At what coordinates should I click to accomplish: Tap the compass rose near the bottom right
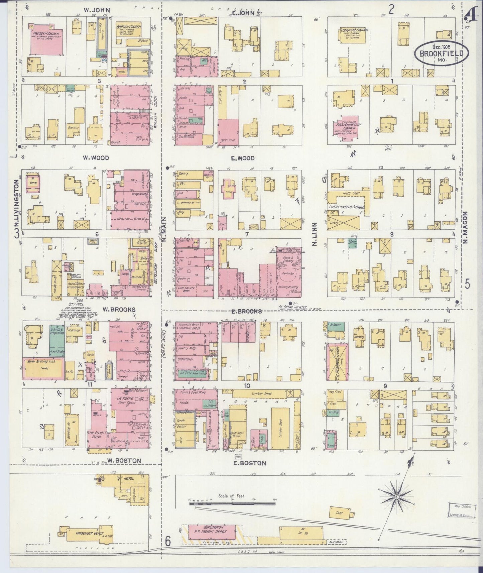pos(396,497)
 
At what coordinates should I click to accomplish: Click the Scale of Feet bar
pos(232,502)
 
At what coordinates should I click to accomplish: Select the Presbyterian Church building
pos(47,39)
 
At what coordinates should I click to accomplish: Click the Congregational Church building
pos(354,35)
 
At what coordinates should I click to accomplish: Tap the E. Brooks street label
pos(247,311)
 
